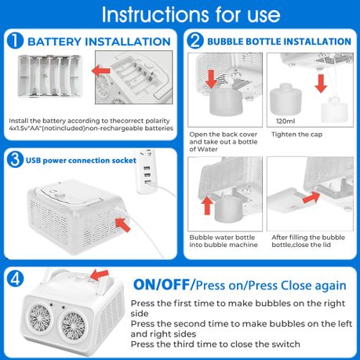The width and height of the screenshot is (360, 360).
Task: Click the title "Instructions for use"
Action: [x=191, y=14]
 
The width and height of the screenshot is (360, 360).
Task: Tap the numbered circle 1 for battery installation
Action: [x=15, y=40]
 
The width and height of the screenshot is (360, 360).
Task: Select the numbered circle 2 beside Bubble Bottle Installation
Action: [x=195, y=40]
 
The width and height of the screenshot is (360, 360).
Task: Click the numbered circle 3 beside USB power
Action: [x=15, y=159]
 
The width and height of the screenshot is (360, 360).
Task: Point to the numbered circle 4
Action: [x=15, y=278]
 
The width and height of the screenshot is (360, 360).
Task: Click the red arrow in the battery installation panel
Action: [x=101, y=71]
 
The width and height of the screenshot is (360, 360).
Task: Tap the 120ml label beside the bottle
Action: [x=285, y=121]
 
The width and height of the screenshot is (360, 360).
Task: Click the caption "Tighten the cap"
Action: [x=296, y=134]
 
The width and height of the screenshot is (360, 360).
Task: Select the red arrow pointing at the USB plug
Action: [x=122, y=225]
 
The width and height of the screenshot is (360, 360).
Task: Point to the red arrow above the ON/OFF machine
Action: [x=100, y=275]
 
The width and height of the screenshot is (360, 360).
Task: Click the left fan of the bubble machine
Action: [x=40, y=317]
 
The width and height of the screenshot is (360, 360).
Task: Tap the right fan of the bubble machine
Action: [x=74, y=325]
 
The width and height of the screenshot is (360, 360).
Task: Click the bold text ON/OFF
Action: [x=162, y=285]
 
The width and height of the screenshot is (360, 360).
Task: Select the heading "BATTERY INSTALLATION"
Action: [x=99, y=42]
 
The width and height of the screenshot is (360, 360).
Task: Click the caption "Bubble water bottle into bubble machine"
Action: [x=224, y=241]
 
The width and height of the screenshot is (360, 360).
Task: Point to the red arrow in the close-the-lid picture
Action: [x=311, y=197]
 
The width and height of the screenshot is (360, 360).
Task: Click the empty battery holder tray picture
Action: [x=50, y=76]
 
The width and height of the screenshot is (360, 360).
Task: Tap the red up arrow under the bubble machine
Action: [x=207, y=205]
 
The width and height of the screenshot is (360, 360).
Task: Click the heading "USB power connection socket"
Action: [x=81, y=160]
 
